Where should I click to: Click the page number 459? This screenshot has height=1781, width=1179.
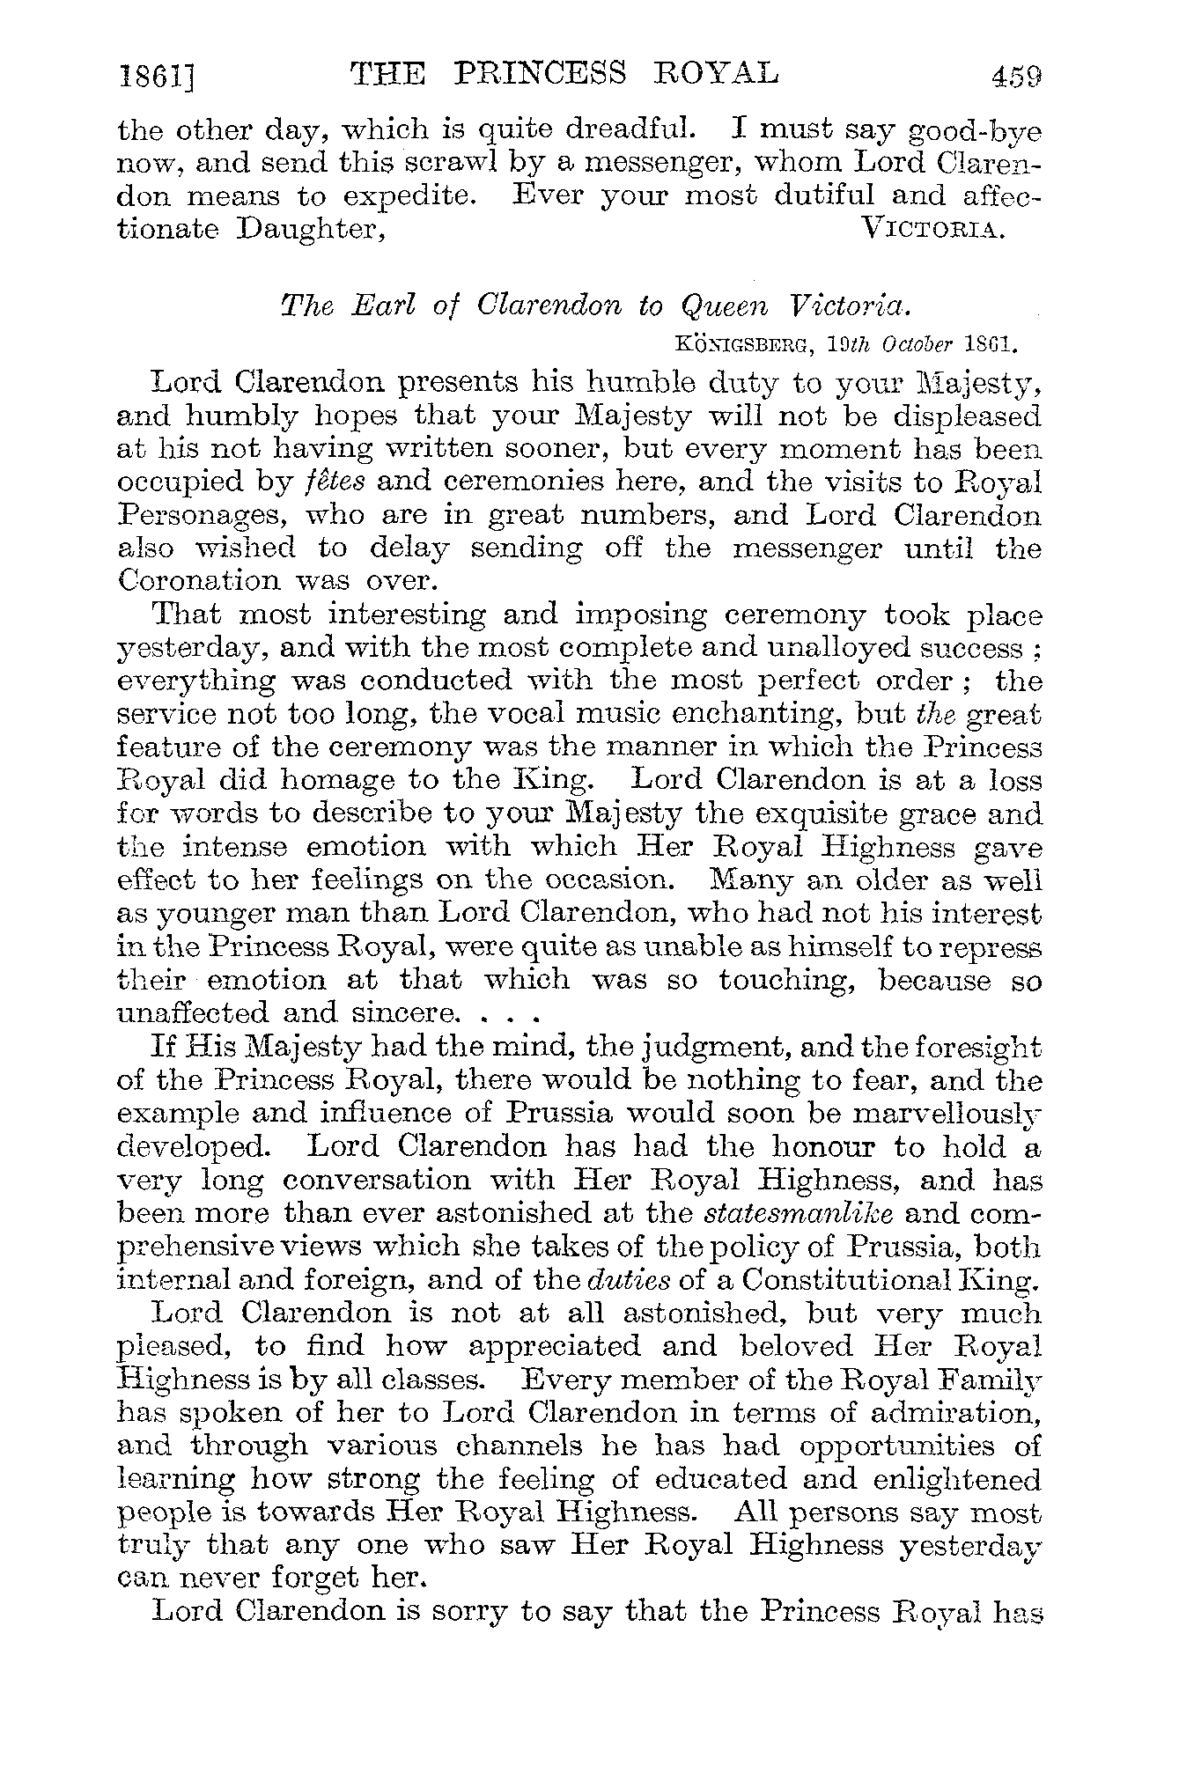(1016, 76)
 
